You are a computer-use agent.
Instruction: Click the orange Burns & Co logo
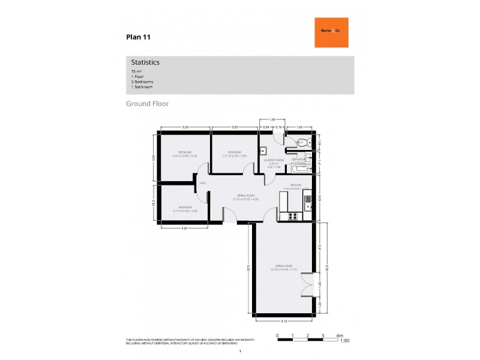pos(331,32)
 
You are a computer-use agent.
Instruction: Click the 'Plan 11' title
pos(138,37)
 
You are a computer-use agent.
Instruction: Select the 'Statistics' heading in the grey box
pos(145,62)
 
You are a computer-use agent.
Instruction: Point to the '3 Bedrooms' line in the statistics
pos(142,82)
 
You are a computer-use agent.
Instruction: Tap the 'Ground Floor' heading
pos(147,104)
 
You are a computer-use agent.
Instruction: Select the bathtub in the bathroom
pos(298,169)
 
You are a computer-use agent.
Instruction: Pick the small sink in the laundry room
pos(263,151)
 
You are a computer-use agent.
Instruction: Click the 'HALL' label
pos(202,182)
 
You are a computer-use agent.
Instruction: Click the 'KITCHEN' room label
pos(295,185)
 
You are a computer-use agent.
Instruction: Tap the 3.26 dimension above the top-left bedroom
pos(185,127)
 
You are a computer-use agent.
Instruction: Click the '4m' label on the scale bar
pos(340,335)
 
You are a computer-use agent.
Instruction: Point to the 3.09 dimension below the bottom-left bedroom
pos(185,229)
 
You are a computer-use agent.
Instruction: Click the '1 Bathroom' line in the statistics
pos(142,87)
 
